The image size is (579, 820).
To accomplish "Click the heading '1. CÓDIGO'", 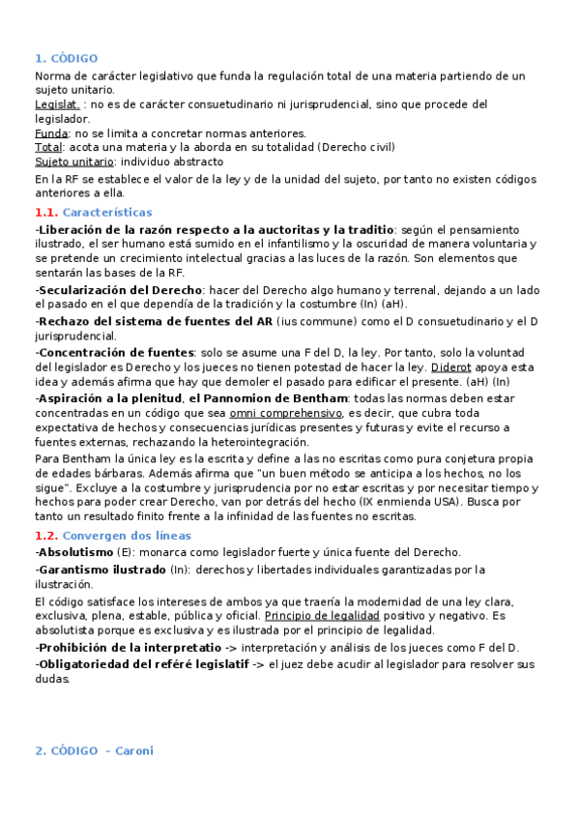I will point(66,58).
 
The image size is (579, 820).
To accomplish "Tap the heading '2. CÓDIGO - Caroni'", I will point(94,750).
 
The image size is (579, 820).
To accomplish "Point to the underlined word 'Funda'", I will point(51,132).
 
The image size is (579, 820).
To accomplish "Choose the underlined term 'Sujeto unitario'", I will point(73,161).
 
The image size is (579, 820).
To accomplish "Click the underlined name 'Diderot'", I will point(451,367).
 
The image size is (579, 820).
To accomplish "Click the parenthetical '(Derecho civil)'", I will point(356,147).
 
